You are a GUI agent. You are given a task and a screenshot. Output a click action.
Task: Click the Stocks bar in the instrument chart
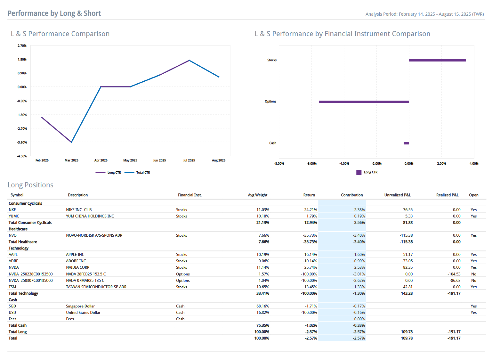(x=437, y=60)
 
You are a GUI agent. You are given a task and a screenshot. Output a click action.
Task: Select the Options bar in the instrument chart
(x=364, y=102)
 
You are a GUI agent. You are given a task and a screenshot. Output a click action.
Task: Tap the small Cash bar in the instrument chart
(x=406, y=143)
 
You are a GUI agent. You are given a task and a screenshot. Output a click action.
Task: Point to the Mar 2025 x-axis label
(x=71, y=160)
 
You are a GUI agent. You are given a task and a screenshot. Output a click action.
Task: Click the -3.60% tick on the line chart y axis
(x=22, y=143)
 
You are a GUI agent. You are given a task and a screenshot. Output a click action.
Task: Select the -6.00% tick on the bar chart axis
(x=311, y=164)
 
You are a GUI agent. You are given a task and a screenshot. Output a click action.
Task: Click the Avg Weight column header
(x=257, y=195)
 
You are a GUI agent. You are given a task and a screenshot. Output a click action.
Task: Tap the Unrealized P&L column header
(x=397, y=195)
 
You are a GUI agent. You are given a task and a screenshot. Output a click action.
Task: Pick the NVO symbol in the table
(x=12, y=235)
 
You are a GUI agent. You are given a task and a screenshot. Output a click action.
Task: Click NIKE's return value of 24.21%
(x=310, y=210)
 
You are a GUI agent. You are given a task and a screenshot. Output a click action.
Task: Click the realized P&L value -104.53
(x=454, y=274)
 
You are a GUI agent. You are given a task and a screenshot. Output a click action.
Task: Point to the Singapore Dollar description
(x=80, y=306)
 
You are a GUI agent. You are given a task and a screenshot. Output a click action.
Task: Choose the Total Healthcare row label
(x=23, y=242)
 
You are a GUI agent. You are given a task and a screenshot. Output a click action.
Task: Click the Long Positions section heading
(x=30, y=185)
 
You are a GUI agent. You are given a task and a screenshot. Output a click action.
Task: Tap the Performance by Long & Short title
(x=54, y=13)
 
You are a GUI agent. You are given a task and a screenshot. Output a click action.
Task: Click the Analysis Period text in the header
(x=424, y=14)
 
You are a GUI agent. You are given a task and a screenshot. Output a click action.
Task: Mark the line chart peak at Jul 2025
(x=189, y=60)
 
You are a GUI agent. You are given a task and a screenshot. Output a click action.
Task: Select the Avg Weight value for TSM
(x=262, y=287)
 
